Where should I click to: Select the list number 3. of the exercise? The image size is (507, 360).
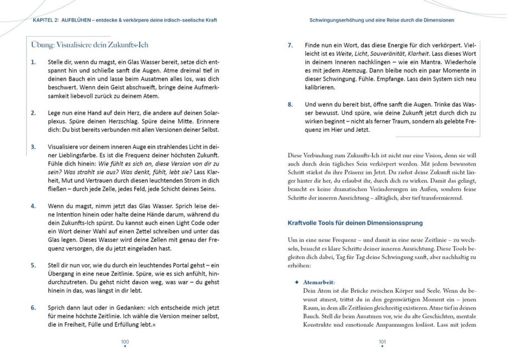pos(33,147)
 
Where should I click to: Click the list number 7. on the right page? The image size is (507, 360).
pos(290,45)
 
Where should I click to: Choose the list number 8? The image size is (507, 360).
pos(290,104)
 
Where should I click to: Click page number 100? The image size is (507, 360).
pos(125,341)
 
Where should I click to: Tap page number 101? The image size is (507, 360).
pos(382,341)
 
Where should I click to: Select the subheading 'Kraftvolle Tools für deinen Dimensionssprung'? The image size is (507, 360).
pos(355,223)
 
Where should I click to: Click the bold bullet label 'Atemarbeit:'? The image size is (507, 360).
pos(319,282)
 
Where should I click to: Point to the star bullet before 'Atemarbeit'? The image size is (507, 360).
pos(297,282)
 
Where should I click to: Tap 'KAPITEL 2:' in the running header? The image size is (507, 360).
pos(42,20)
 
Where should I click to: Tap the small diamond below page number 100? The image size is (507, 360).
pos(125,347)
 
